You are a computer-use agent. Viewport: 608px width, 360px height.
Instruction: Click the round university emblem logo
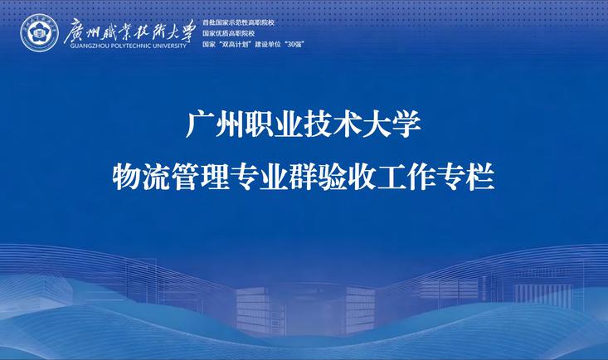[x=39, y=33]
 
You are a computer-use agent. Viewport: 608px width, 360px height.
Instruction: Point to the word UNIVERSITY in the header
[x=169, y=46]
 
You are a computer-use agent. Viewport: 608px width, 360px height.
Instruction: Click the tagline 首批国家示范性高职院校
[x=238, y=23]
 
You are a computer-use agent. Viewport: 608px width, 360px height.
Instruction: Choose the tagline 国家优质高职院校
[x=228, y=33]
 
